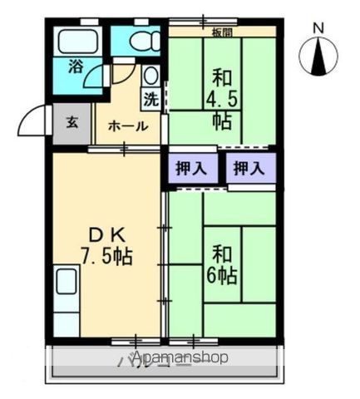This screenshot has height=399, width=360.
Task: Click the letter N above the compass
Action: (317, 27)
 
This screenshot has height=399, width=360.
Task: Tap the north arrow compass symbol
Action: (318, 57)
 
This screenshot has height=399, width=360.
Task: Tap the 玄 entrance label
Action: (72, 123)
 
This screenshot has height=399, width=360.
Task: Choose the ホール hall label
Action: (127, 126)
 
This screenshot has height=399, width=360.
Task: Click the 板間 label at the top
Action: (222, 32)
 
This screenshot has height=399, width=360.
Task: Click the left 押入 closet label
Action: (190, 168)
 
